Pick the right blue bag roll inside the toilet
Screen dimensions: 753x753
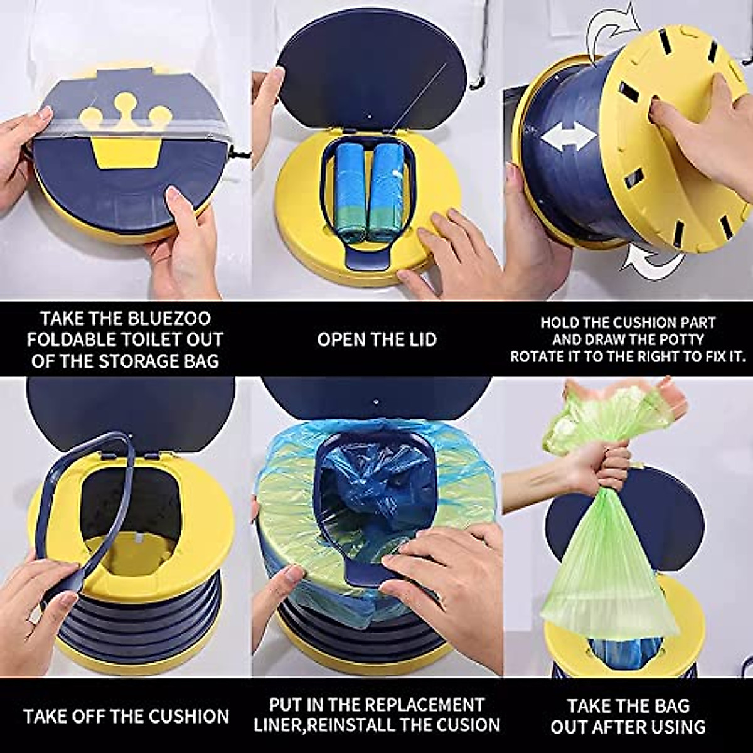(x=386, y=191)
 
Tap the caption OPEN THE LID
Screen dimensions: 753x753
(x=376, y=340)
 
